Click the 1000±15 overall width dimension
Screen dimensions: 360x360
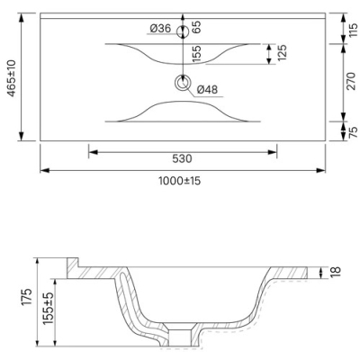click(x=179, y=181)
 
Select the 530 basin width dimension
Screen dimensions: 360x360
click(x=182, y=158)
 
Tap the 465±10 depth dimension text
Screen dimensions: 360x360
click(x=12, y=78)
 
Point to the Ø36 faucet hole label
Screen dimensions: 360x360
click(x=160, y=29)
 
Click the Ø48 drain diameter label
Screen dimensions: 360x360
click(x=207, y=89)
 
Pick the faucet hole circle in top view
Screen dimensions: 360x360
click(x=183, y=31)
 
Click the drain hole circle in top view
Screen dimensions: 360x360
click(x=183, y=83)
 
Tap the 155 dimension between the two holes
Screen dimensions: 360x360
click(x=196, y=54)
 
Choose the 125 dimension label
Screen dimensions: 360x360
click(x=282, y=53)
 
